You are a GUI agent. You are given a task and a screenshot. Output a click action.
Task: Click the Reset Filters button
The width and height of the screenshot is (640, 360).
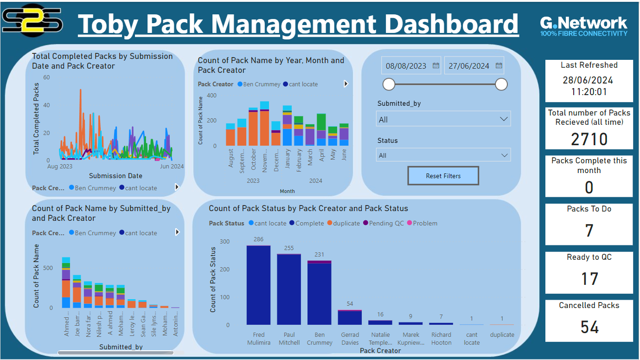(443, 176)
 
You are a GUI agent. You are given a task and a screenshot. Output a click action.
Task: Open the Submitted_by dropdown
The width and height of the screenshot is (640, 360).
(443, 119)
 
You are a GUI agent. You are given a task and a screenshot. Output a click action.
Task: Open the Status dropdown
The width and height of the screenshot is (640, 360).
(443, 155)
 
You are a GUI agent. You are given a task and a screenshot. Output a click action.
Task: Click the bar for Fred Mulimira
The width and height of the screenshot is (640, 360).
(258, 285)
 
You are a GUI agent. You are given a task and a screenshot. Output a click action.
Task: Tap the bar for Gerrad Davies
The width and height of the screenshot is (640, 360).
(350, 317)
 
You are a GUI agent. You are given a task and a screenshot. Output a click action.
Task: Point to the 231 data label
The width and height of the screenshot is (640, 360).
(320, 255)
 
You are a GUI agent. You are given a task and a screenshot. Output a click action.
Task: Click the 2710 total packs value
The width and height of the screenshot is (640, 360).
(589, 139)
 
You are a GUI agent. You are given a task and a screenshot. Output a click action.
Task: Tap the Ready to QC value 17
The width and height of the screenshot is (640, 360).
(589, 278)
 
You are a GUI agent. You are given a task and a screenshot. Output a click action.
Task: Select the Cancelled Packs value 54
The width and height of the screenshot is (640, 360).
(589, 327)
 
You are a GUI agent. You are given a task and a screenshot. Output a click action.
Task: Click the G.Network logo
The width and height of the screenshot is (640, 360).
(583, 26)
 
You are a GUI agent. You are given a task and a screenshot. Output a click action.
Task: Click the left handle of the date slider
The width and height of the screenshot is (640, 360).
(389, 84)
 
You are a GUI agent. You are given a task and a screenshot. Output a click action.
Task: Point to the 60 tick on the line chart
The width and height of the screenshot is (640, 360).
(46, 77)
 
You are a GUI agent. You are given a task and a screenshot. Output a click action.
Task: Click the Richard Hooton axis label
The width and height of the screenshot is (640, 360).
(441, 339)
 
